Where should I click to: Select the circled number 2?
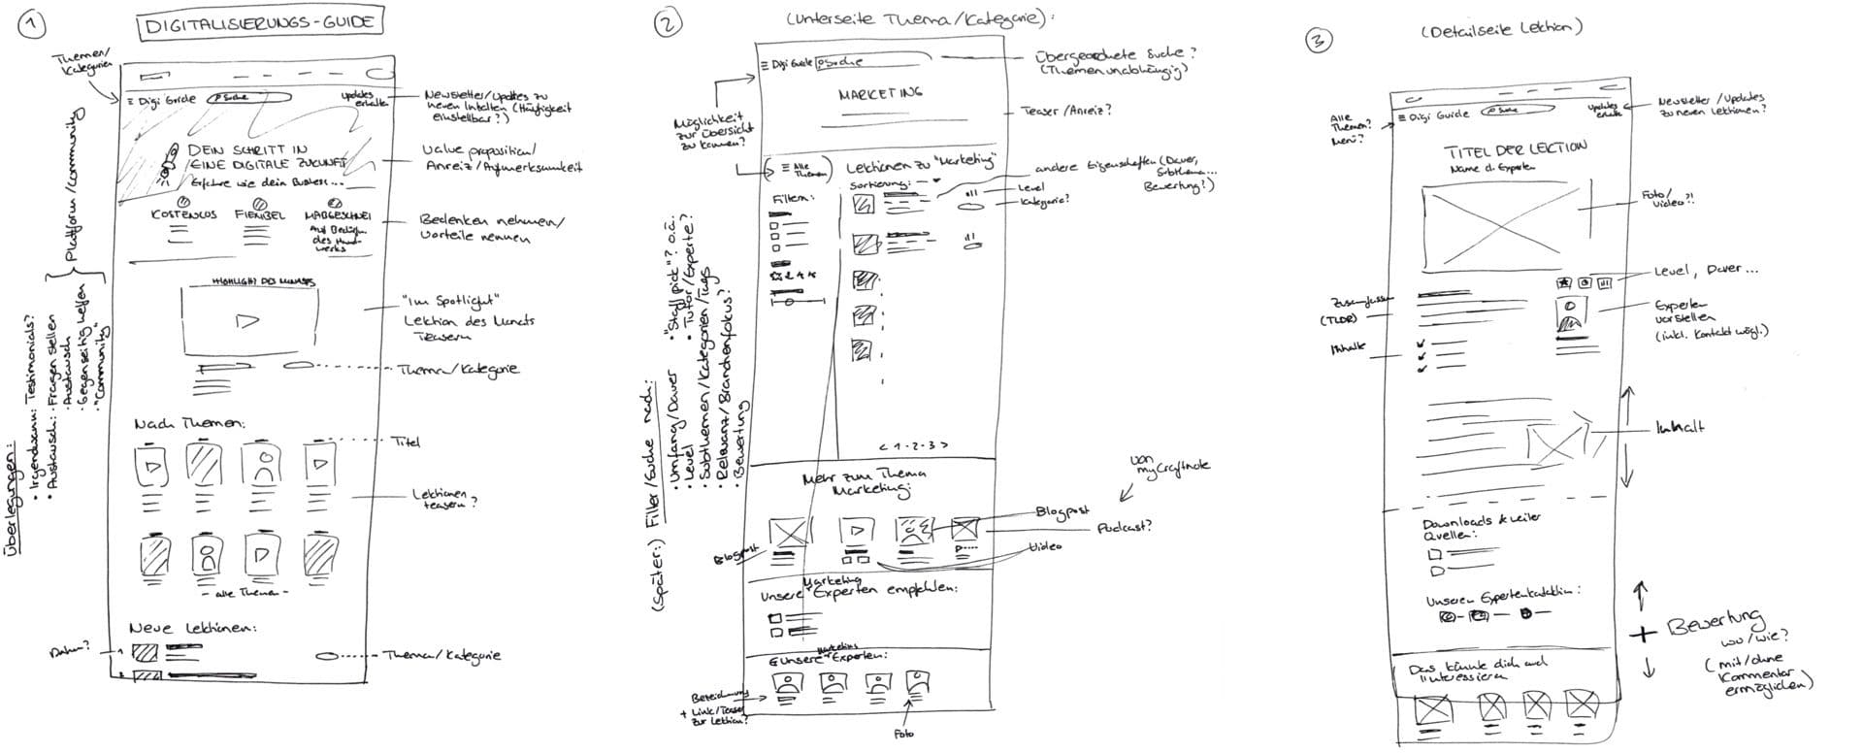(668, 26)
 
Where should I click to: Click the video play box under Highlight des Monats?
(248, 321)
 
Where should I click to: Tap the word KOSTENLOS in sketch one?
(184, 214)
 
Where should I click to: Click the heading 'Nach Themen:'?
(189, 423)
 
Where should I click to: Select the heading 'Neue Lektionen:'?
(193, 628)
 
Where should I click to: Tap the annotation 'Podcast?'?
(1125, 527)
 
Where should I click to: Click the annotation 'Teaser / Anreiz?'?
(1066, 111)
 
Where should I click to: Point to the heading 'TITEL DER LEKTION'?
(1516, 149)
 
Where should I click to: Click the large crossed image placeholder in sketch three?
(1498, 228)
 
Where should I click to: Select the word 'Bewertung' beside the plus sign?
(1715, 623)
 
